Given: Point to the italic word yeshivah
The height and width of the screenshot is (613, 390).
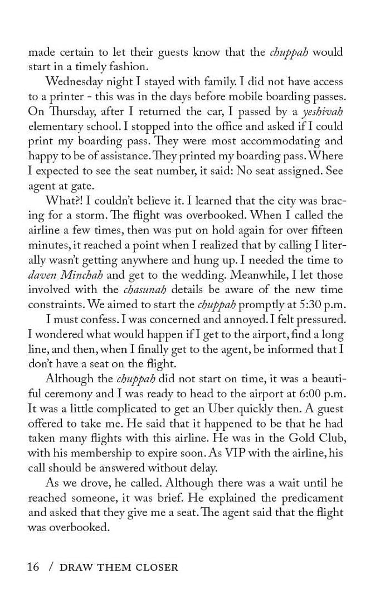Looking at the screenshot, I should point(323,111).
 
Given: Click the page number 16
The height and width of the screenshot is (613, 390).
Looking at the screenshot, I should point(33,567).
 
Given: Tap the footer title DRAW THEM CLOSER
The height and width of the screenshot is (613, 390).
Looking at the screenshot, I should point(118,567).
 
